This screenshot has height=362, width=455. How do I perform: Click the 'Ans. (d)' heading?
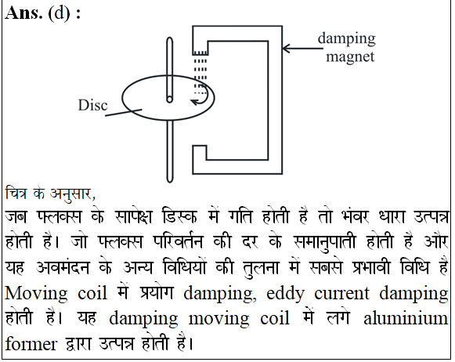[38, 13]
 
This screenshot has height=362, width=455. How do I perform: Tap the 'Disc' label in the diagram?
[92, 105]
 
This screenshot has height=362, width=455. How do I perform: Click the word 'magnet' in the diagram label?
[350, 56]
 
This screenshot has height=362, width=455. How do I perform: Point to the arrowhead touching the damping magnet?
[286, 49]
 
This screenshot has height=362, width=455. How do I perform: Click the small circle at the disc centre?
[169, 100]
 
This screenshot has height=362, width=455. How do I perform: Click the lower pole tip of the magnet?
[200, 152]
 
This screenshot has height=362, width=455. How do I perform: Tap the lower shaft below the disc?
[170, 151]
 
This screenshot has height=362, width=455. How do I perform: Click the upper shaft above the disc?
[170, 68]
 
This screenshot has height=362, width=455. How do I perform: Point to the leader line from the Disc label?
[123, 113]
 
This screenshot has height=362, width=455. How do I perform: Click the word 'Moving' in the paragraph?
[36, 294]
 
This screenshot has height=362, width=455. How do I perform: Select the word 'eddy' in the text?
[285, 294]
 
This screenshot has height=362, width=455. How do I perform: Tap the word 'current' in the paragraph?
[341, 294]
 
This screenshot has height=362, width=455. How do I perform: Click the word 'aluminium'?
[406, 318]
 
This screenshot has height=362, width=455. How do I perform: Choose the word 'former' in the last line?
[31, 344]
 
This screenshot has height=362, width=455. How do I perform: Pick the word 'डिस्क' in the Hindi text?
[180, 216]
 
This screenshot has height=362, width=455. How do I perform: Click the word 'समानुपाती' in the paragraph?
[324, 242]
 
